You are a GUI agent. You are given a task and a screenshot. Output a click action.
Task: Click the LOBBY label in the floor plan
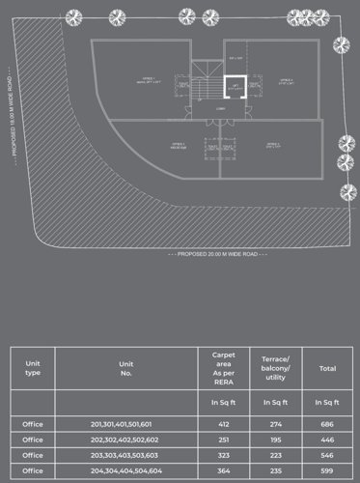(x=221, y=108)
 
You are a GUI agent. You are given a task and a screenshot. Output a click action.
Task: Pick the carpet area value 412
(x=224, y=424)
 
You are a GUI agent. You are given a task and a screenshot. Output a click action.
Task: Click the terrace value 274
(x=276, y=424)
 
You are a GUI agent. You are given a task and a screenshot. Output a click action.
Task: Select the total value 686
(x=327, y=424)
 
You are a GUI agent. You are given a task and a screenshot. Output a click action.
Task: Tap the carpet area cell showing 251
(x=224, y=439)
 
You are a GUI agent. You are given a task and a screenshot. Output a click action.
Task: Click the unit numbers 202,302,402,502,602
(x=125, y=439)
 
